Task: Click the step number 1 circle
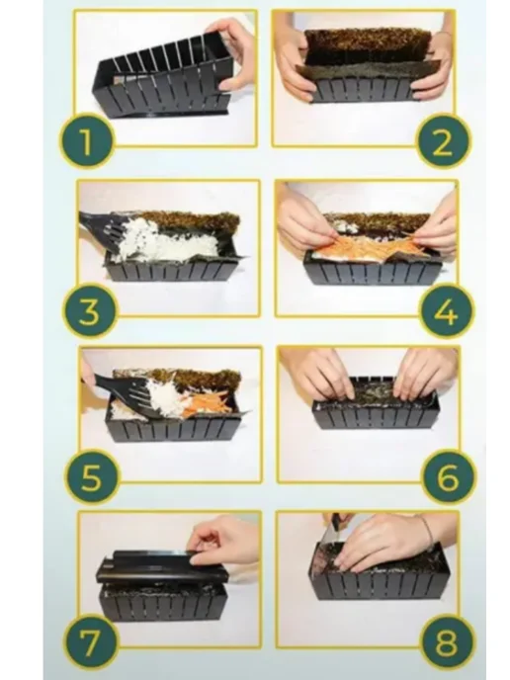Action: (86, 141)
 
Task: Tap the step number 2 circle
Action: (443, 141)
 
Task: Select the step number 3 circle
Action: (90, 311)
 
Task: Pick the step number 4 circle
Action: (447, 310)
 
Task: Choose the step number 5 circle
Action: (92, 477)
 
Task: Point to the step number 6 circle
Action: (449, 477)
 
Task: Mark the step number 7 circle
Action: (91, 641)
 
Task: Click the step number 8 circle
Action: (448, 642)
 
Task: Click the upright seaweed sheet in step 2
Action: (368, 45)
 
